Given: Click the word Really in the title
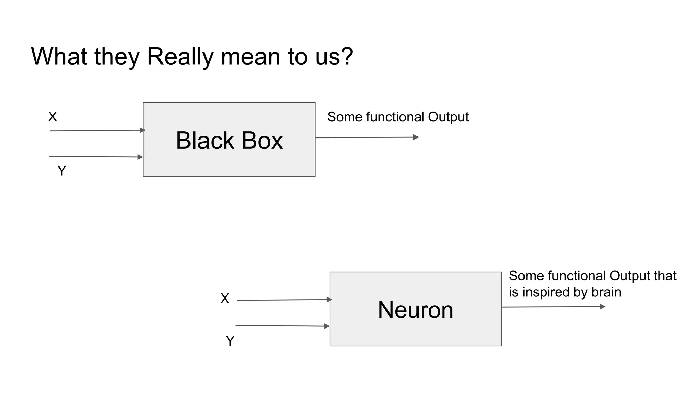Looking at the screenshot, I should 180,57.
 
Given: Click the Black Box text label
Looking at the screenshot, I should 229,140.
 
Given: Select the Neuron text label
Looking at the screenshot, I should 415,310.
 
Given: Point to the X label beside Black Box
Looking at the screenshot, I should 52,117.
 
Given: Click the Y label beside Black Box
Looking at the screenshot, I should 62,171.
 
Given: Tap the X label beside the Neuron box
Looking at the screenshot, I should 225,299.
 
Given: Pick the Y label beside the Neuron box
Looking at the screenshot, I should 230,341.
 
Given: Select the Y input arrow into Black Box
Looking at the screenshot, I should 95,157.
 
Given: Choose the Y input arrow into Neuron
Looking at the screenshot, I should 282,326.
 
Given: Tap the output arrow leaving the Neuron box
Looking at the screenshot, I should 553,307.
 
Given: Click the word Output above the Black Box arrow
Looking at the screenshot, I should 448,117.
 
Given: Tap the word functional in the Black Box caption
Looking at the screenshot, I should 395,117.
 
